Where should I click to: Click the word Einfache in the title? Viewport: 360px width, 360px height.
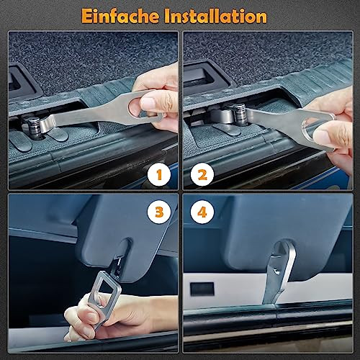[120, 16]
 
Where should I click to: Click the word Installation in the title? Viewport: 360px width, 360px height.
[215, 16]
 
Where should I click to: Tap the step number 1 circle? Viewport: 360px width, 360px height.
[159, 174]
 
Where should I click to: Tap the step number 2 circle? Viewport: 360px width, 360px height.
[202, 174]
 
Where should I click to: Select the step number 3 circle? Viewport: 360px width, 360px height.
[159, 212]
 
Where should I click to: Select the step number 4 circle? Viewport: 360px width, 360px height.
[202, 212]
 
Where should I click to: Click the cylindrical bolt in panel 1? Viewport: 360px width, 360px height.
[34, 127]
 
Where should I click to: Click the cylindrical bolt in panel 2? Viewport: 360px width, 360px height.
[240, 114]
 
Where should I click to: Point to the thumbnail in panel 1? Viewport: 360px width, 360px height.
[148, 103]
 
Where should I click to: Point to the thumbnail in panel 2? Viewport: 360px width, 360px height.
[323, 136]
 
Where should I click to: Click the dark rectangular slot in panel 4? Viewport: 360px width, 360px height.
[202, 289]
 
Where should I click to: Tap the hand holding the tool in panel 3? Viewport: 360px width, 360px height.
[115, 317]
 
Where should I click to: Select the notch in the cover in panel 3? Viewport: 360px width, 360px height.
[123, 251]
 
